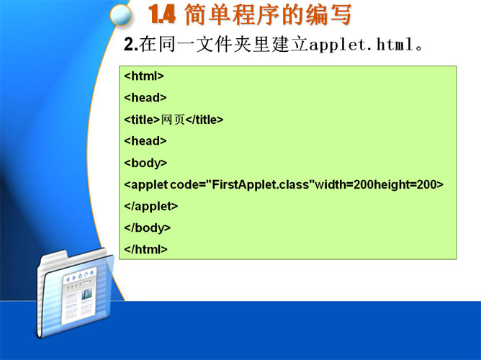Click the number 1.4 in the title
[162, 14]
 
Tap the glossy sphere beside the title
[121, 15]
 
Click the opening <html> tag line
[144, 76]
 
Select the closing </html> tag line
[145, 249]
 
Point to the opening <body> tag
[145, 163]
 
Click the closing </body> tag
[147, 228]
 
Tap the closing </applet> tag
[151, 206]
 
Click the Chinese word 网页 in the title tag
[173, 120]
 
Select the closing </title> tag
[204, 120]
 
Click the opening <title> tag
[142, 120]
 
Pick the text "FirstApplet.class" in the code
[260, 184]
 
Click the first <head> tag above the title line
[145, 97]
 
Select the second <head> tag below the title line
[145, 140]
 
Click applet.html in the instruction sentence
[361, 45]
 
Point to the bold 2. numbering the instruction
[131, 45]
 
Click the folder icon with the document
[76, 294]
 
